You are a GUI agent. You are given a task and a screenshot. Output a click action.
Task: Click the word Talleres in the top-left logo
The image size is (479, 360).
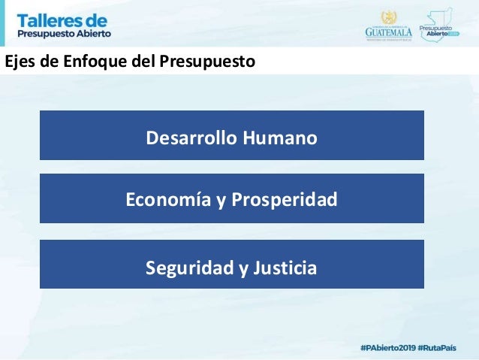(47, 19)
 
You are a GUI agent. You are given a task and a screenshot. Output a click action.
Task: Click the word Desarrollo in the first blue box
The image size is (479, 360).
(188, 138)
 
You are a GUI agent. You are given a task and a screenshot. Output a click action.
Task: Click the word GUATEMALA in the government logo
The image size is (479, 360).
(388, 32)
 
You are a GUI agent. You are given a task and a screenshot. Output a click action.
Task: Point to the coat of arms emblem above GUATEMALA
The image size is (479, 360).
(388, 17)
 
